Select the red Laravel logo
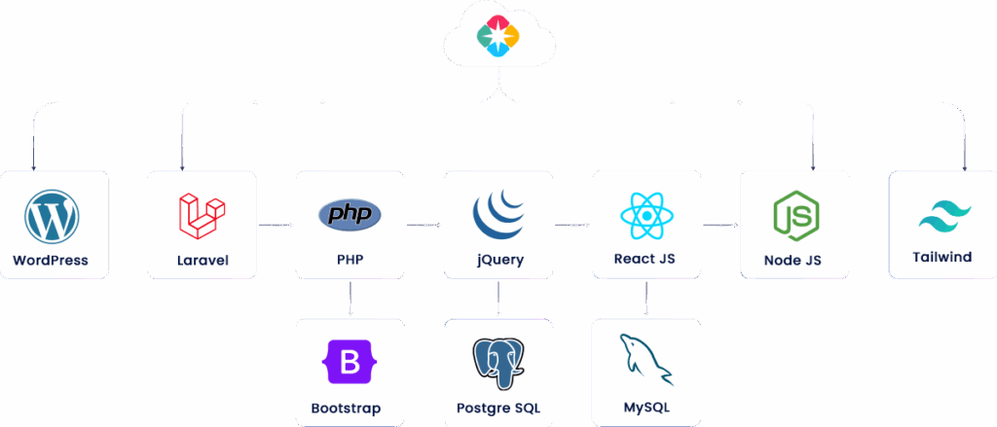(x=202, y=216)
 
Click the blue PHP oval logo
(x=350, y=214)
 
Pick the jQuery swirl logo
(x=498, y=216)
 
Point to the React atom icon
(x=646, y=216)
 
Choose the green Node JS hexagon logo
(x=794, y=216)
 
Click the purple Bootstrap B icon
(x=350, y=364)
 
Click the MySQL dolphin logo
(x=646, y=362)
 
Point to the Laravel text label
(x=202, y=261)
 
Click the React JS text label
(x=645, y=260)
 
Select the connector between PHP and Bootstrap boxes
(x=350, y=300)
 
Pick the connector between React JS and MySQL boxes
(x=646, y=300)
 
